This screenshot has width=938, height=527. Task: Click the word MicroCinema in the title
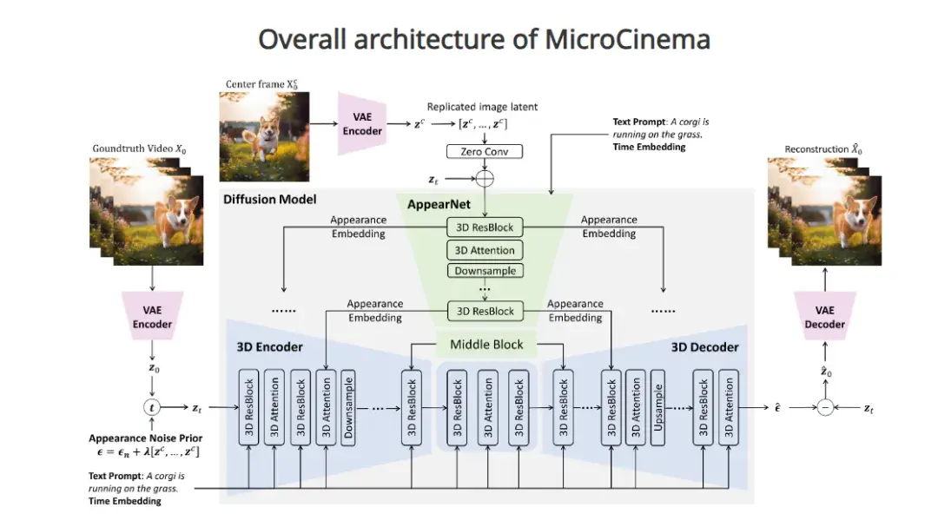(x=627, y=39)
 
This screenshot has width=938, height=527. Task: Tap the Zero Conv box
(x=484, y=151)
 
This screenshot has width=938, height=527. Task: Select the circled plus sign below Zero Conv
(x=484, y=179)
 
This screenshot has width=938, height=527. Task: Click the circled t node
(x=152, y=406)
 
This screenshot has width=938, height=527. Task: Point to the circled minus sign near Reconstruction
(x=824, y=407)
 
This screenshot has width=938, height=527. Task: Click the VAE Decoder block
(x=824, y=316)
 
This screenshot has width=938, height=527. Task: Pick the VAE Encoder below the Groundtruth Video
(x=152, y=317)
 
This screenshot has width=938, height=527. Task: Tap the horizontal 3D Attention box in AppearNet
(x=485, y=250)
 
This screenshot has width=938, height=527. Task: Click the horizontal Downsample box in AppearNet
(x=485, y=271)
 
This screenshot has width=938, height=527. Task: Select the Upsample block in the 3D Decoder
(x=657, y=406)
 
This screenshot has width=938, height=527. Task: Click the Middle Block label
(x=486, y=345)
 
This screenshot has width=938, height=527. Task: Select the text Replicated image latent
(x=482, y=107)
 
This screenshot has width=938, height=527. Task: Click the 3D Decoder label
(x=704, y=347)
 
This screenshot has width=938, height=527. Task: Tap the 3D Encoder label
(x=269, y=347)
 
